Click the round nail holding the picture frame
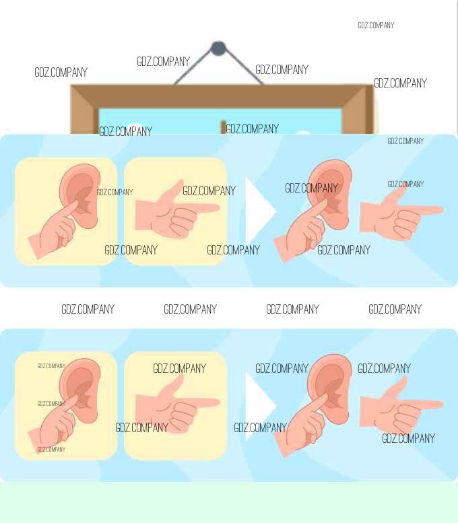coord(218,48)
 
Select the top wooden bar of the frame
coord(222,97)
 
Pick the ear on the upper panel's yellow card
coord(80,195)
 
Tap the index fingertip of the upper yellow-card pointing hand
coord(217,209)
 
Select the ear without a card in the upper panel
coord(330,194)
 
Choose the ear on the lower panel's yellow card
coord(80,390)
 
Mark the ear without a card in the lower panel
coord(330,389)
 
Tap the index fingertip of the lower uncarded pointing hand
coord(440,405)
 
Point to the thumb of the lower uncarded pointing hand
coord(397,388)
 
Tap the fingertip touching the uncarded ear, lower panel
coord(323,398)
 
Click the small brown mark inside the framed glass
coord(224,127)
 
